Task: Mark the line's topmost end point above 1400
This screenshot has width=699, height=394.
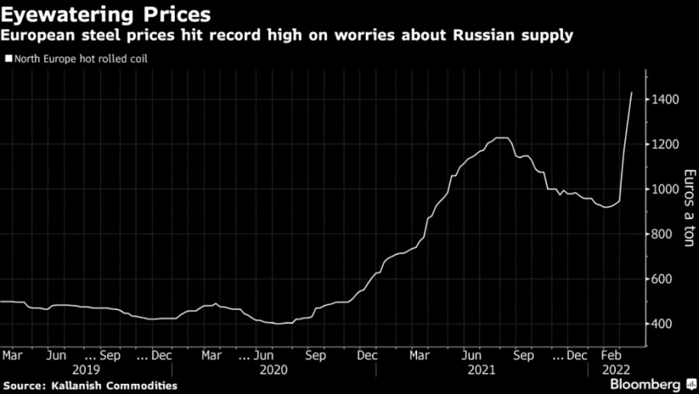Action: coord(631,92)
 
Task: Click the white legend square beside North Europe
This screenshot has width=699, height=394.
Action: coord(8,58)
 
